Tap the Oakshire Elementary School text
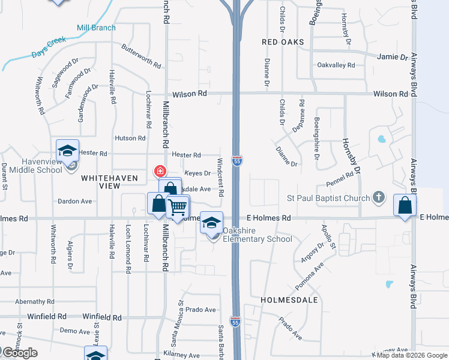click(258, 235)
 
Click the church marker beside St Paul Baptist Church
click(378, 196)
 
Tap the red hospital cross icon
click(160, 171)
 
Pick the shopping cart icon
click(178, 208)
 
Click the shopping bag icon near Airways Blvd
click(405, 205)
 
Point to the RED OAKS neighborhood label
click(283, 43)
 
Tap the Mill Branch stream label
click(95, 27)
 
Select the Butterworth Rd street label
click(141, 56)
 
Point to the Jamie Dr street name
click(393, 57)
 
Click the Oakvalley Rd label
click(336, 65)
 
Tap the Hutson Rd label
click(130, 138)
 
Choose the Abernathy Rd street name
click(35, 302)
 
